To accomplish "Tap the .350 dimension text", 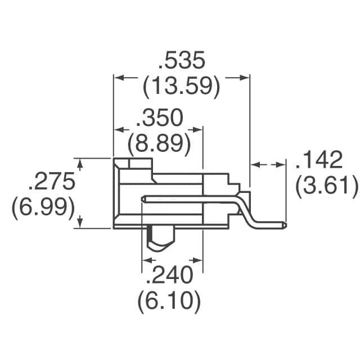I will [160, 119].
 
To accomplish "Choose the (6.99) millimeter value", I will [43, 208].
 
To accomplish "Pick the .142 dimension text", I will [319, 161].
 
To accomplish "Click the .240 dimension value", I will [169, 276].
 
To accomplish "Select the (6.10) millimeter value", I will [169, 302].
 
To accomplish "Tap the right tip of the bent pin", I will [284, 226].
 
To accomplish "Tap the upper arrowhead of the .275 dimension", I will [80, 163].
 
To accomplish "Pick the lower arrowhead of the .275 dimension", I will [80, 224].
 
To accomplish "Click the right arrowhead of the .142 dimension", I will [282, 165].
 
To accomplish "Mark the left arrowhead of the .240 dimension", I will [145, 260].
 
